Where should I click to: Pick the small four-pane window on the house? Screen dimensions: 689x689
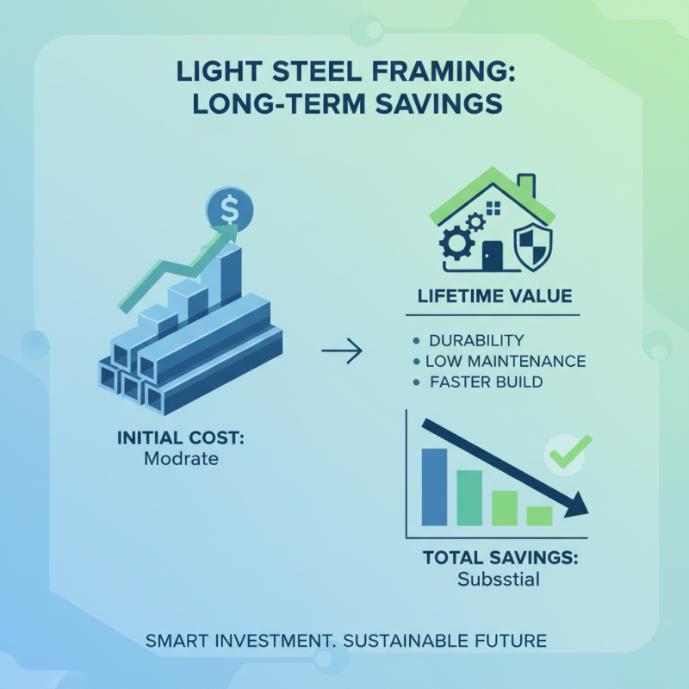493,208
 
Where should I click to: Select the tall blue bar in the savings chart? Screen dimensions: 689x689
434,487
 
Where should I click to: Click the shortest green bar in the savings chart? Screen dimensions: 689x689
539,515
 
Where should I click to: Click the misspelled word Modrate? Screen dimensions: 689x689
181,459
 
